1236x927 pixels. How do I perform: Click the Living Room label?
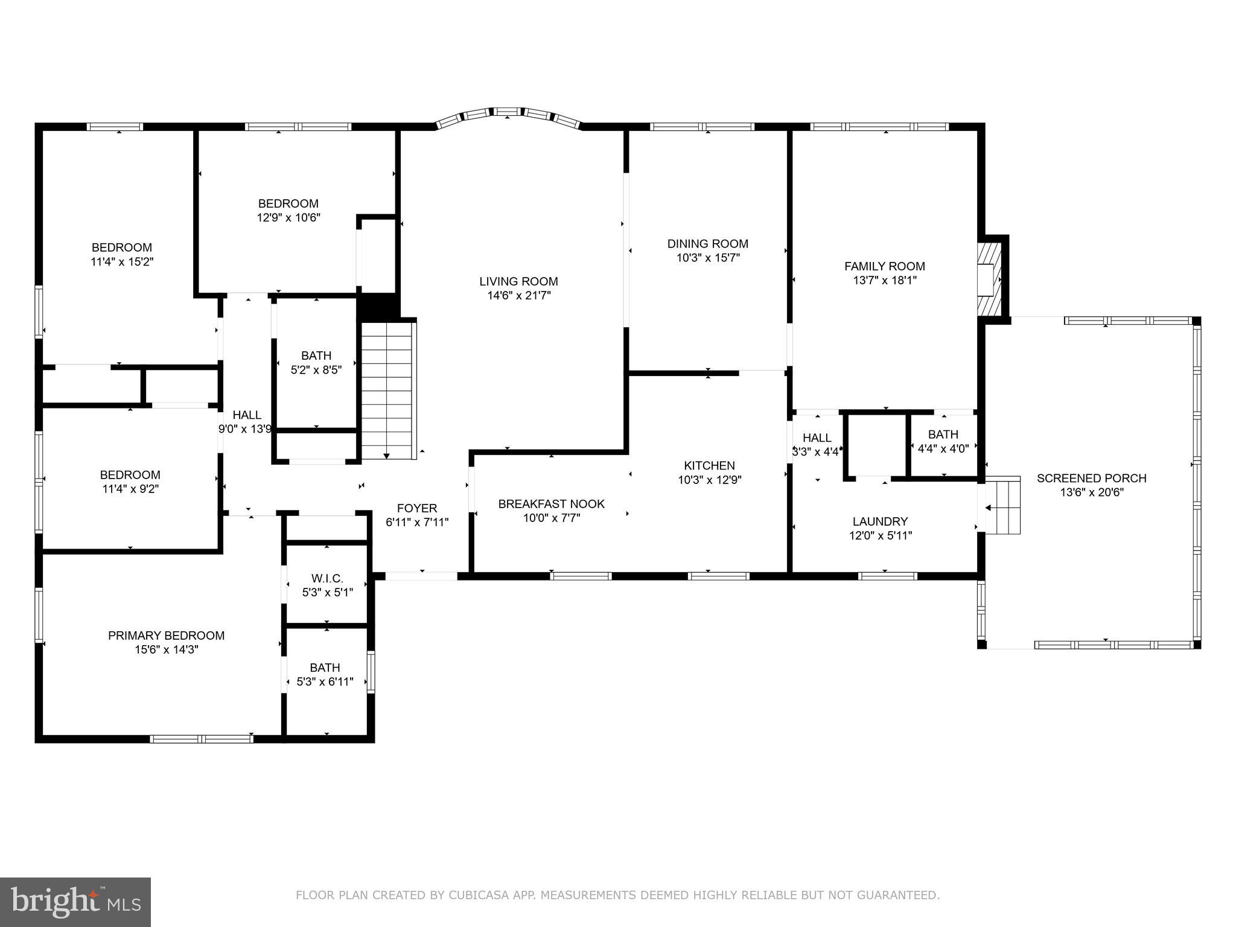[518, 281]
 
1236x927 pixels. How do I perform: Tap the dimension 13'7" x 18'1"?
[884, 280]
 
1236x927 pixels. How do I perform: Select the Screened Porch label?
[1091, 478]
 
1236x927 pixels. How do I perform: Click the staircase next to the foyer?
[387, 391]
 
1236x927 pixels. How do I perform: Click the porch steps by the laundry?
[1002, 505]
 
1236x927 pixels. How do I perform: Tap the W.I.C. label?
[327, 579]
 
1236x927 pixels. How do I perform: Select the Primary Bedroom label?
[166, 636]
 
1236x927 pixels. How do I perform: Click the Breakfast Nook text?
[551, 504]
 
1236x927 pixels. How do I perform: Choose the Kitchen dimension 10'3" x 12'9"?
[709, 480]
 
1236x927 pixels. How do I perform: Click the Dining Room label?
[707, 244]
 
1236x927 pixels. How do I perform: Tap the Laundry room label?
[880, 521]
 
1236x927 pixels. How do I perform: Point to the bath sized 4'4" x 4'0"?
[943, 441]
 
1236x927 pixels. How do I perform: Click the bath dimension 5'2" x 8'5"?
[316, 370]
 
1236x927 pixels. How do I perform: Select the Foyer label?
[416, 508]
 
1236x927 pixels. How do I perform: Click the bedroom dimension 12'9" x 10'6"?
[288, 218]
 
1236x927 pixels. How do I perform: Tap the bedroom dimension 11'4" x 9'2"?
[130, 489]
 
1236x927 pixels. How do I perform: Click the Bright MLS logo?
[75, 902]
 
